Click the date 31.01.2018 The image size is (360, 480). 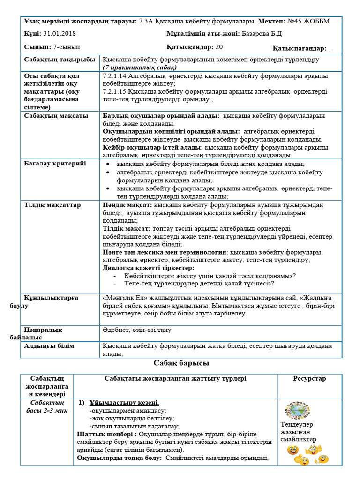[x=60, y=34]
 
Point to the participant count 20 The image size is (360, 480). [x=219, y=47]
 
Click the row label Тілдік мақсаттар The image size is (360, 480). [x=52, y=205]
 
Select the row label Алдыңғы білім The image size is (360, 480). [x=49, y=345]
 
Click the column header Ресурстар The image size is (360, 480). [x=309, y=378]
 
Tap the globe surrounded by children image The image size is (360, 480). [x=297, y=410]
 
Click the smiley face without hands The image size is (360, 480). [x=293, y=450]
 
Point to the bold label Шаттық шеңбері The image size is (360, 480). [x=100, y=434]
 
